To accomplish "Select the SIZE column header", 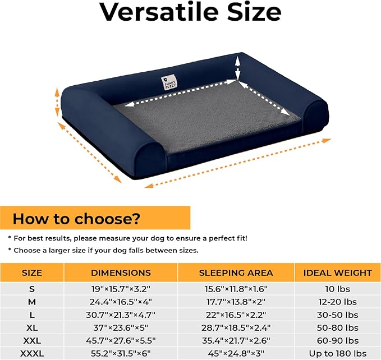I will click(32, 273).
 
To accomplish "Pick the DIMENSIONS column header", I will click(121, 273).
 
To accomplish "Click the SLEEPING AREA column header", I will click(236, 273).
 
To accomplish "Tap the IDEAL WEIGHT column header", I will click(337, 273).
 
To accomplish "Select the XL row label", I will click(32, 327).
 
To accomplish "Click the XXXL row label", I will click(32, 353).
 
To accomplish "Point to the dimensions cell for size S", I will click(121, 289).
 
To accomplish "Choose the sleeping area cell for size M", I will click(236, 302).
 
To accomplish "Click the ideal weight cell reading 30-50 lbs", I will click(337, 315).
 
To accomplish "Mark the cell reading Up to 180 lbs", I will click(337, 353).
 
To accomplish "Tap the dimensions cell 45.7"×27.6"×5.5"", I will click(121, 340).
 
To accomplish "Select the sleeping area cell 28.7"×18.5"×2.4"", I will click(236, 327).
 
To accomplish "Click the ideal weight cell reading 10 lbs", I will click(337, 289).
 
